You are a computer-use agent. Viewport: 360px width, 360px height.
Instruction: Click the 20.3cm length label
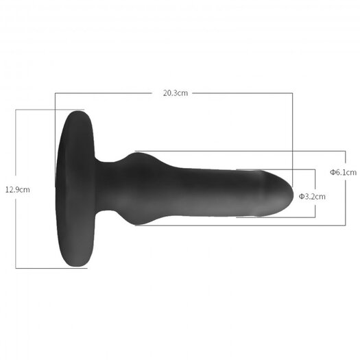tap(176, 93)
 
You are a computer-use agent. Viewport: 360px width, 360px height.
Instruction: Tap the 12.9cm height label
tap(18, 190)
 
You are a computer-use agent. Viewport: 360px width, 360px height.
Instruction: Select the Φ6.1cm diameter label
tap(344, 172)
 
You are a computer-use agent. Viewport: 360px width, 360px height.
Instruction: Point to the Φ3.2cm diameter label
tap(312, 197)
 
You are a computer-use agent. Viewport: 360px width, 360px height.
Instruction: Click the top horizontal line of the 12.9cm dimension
tap(50, 110)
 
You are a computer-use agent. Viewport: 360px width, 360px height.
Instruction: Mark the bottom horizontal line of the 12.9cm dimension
tap(51, 268)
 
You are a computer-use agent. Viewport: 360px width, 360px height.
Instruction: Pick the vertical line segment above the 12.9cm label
tap(16, 143)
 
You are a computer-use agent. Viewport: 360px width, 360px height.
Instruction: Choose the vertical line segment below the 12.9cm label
tap(16, 234)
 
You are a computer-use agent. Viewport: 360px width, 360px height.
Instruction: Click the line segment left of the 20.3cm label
tap(104, 93)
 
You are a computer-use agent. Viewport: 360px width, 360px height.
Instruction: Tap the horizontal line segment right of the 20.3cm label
tap(243, 93)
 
